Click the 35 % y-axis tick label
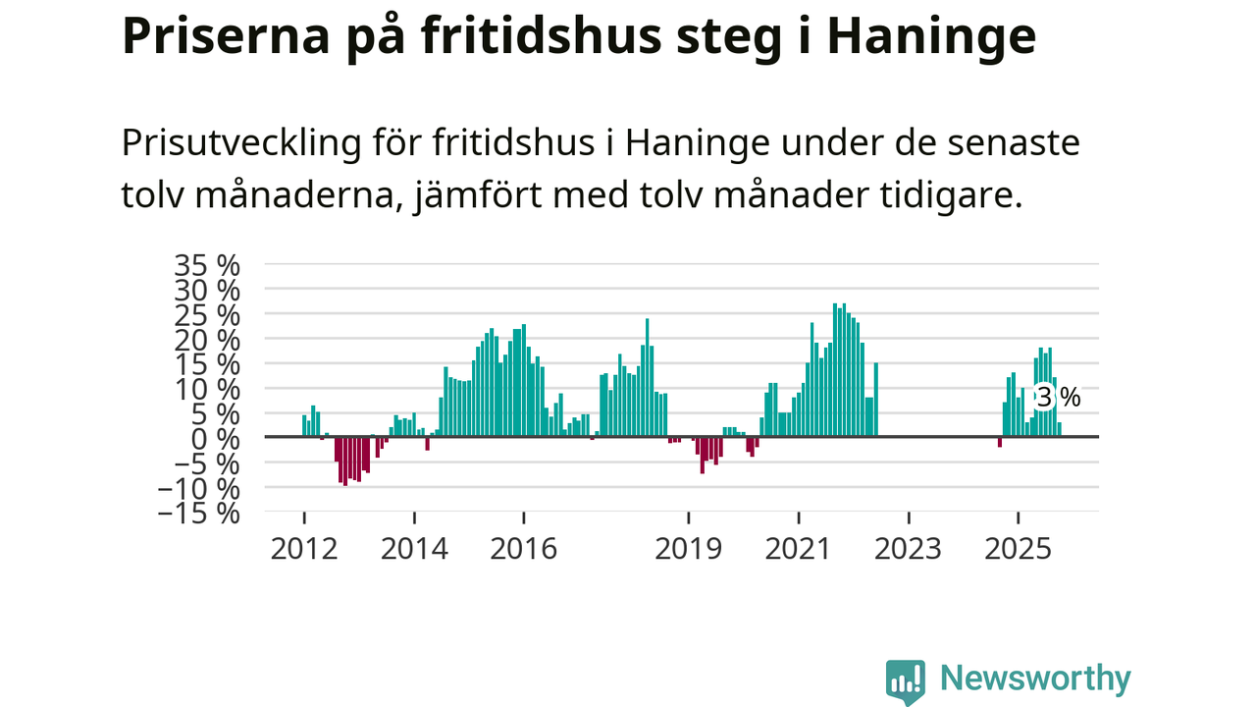207,265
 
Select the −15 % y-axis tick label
199,513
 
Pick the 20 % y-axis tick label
207,340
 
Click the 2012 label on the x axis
303,548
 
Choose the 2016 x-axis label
523,548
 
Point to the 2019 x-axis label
688,548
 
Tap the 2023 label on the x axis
908,548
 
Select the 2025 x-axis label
1018,548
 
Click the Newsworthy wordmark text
1035,679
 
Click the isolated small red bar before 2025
999,442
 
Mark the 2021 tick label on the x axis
798,548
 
